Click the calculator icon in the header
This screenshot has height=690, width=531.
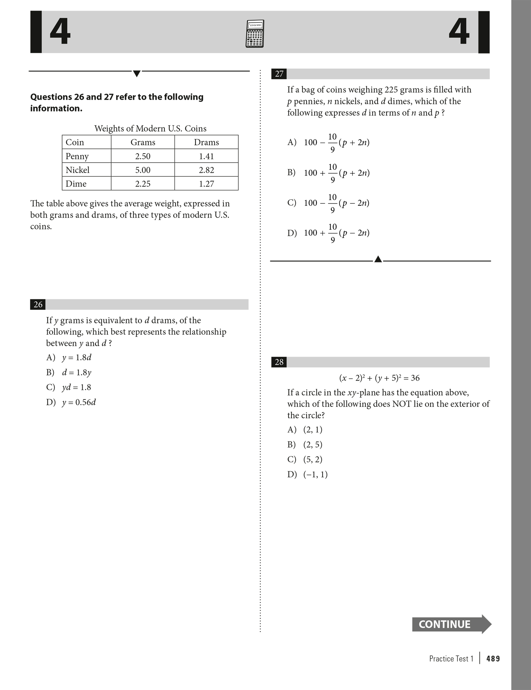point(254,34)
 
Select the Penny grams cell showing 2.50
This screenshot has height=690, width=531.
point(143,156)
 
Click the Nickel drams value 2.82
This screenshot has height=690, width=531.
point(206,170)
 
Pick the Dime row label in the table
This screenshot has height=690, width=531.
point(76,184)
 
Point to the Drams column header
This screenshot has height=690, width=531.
point(206,142)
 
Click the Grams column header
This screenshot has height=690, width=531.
point(143,142)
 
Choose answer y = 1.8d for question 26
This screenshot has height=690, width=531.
point(76,357)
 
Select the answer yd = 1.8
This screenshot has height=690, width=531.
point(76,387)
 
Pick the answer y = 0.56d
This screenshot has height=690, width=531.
point(79,402)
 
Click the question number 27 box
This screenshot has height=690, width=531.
point(279,74)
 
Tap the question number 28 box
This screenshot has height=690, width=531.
point(279,362)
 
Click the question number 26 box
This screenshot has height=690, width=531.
point(38,305)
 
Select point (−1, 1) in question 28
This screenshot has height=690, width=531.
point(315,475)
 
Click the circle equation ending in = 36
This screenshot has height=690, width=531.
point(379,378)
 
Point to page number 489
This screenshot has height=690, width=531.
point(493,659)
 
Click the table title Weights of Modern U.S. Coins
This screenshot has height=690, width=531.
point(150,129)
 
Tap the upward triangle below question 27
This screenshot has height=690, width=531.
point(378,259)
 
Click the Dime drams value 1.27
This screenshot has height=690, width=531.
point(206,184)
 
